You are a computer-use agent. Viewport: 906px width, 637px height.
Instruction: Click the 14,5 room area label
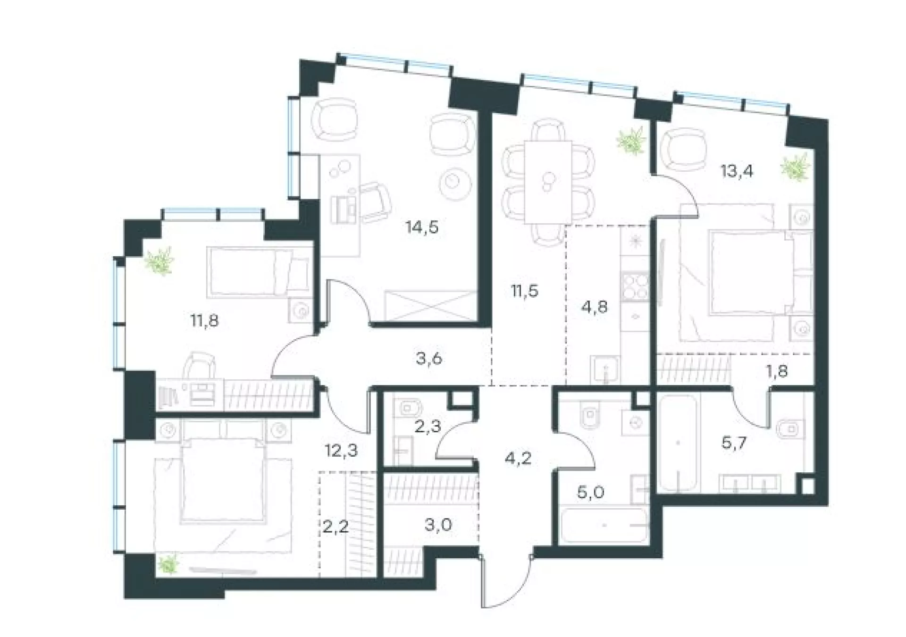point(422,227)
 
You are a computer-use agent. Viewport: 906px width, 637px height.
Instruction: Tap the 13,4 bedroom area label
point(737,171)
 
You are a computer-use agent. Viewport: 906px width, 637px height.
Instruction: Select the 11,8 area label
point(204,321)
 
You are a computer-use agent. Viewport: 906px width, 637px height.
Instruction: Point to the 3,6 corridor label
point(429,359)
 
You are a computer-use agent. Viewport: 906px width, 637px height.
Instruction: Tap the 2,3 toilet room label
point(428,427)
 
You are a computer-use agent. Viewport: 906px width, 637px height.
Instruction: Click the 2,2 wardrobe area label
point(336,526)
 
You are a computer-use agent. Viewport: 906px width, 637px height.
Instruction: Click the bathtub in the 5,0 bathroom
point(603,525)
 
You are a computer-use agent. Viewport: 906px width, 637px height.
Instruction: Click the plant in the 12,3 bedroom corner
point(168,564)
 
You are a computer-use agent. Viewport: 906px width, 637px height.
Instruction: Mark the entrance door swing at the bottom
point(506,583)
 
